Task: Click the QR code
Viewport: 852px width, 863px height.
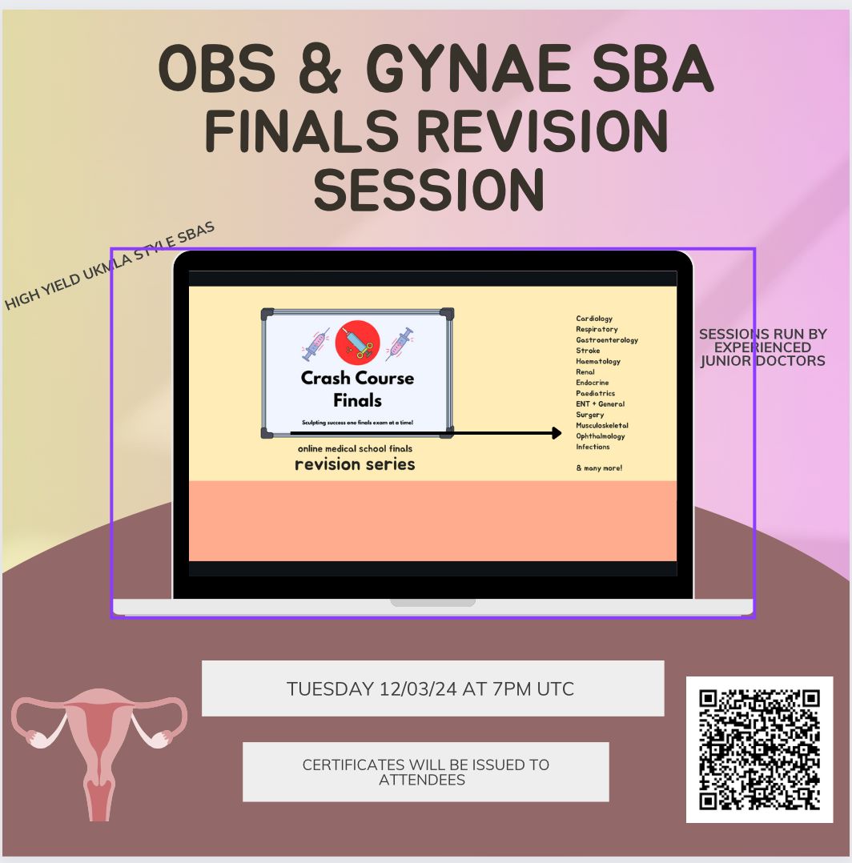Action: [x=760, y=749]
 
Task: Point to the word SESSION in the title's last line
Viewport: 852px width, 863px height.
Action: [x=428, y=189]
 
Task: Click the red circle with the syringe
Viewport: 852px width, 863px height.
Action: [x=357, y=343]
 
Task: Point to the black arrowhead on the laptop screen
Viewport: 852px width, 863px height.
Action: [x=556, y=433]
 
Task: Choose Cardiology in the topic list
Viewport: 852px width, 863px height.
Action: [x=594, y=319]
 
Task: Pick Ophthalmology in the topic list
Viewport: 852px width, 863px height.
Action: [x=601, y=436]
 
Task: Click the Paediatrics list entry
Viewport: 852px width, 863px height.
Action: [x=596, y=394]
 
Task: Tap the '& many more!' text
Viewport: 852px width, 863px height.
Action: [x=599, y=468]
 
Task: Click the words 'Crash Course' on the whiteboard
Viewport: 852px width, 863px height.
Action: [x=357, y=378]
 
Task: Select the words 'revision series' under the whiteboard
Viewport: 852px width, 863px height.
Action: [x=355, y=464]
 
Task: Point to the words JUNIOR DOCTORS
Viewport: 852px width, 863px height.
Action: [x=762, y=361]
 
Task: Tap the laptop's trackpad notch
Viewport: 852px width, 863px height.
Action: [x=432, y=603]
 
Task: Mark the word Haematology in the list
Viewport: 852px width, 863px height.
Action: [x=598, y=362]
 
